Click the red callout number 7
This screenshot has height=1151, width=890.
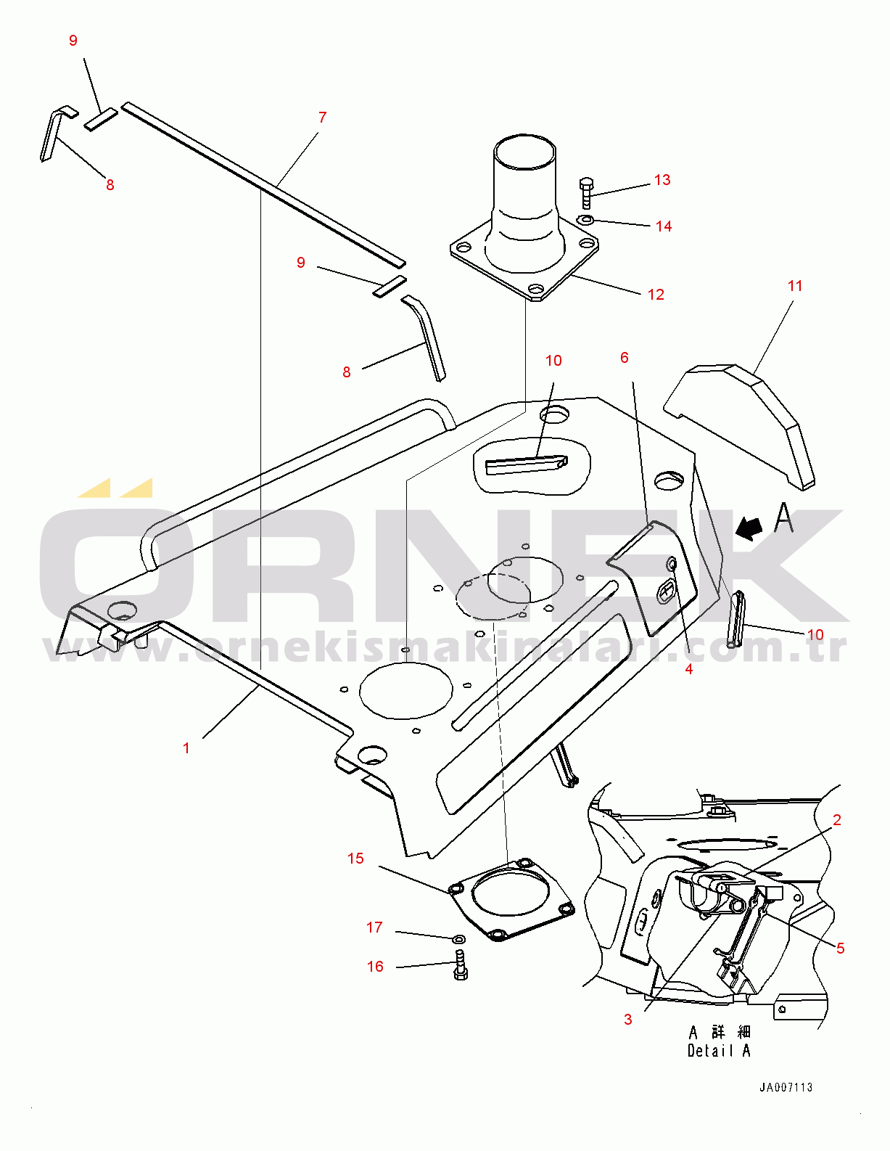coord(323,117)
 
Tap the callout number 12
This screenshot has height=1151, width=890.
coord(656,295)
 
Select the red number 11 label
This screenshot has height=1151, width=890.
coord(795,286)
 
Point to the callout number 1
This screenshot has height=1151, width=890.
coord(186,748)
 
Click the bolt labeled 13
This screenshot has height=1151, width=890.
coord(586,193)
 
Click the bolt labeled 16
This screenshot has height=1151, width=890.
coord(460,967)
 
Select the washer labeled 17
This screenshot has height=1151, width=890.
coord(458,940)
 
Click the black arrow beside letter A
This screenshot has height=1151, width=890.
coord(749,528)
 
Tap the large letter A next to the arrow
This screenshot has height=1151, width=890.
coord(784,518)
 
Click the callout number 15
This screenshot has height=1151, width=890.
coord(355,858)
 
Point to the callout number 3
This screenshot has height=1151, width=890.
coord(628,1020)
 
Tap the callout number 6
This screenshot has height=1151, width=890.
coord(625,358)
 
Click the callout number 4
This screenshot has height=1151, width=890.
coord(689,669)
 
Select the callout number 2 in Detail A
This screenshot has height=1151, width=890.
coord(837,820)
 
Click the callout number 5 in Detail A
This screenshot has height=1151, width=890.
coord(840,948)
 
